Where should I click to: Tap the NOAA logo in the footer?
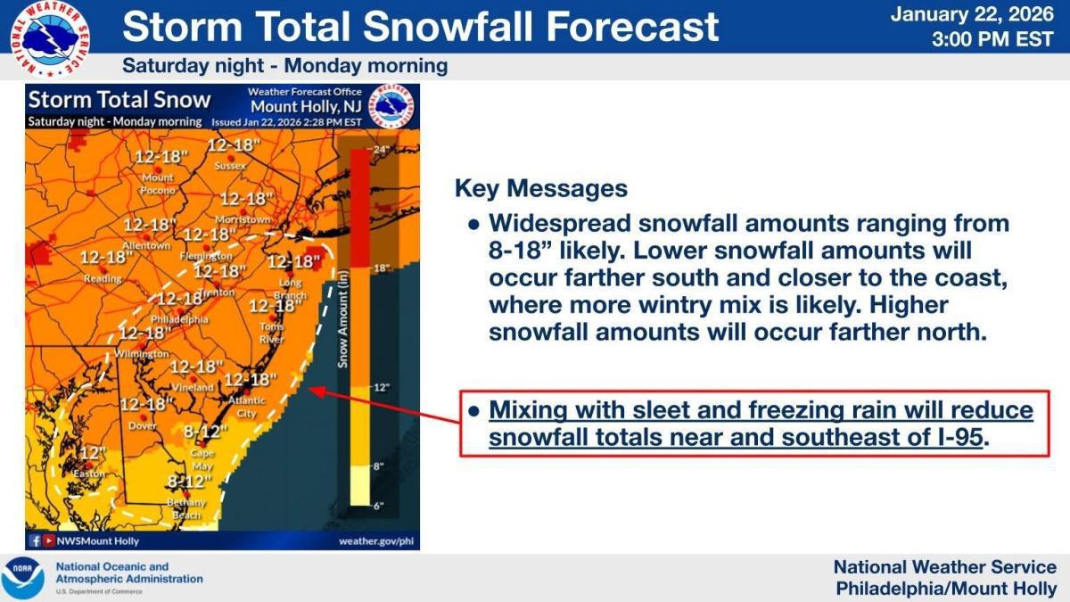pos(22,578)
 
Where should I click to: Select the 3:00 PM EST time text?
pos(992,39)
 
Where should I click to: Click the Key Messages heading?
pos(540,189)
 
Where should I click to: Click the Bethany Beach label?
pos(185,509)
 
